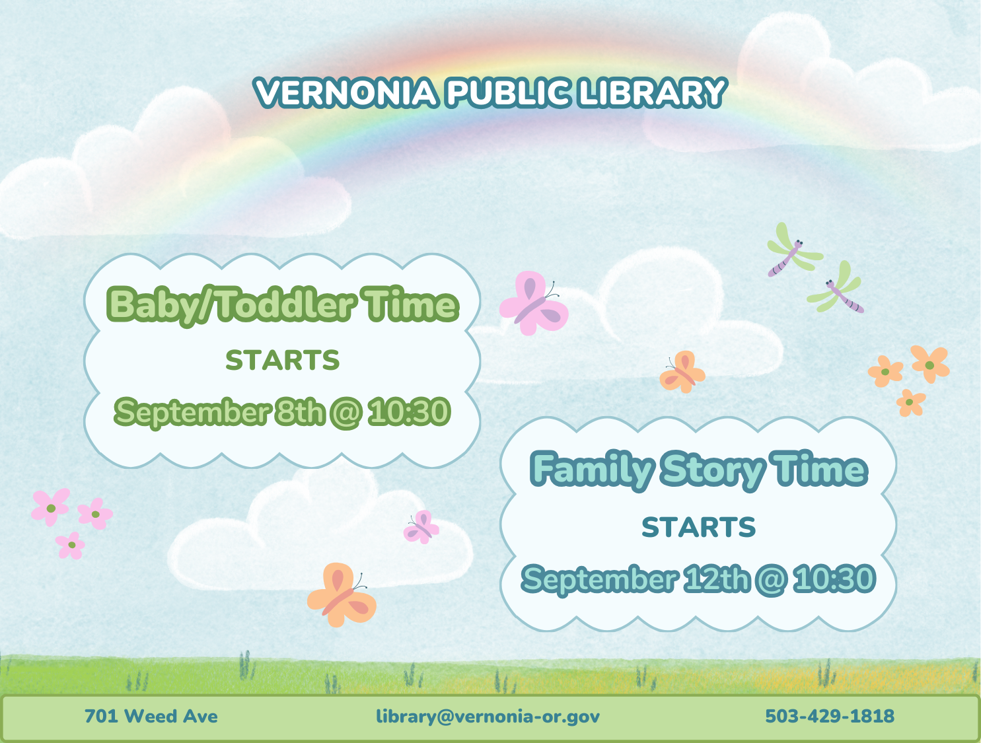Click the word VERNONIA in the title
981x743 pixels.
point(345,92)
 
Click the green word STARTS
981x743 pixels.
point(283,361)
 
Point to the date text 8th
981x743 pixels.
point(299,412)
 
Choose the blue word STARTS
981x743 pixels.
point(698,528)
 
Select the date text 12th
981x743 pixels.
point(716,579)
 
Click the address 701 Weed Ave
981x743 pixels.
point(151,716)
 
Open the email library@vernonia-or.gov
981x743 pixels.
point(488,716)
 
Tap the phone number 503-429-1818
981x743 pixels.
point(830,716)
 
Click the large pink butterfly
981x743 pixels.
point(534,303)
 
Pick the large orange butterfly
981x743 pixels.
point(342,594)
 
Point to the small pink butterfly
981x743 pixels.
point(421,526)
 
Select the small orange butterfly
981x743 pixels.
point(682,372)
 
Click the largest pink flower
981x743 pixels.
point(51,507)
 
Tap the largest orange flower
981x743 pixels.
point(930,364)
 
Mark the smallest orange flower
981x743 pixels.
point(910,402)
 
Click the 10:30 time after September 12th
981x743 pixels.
point(834,579)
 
